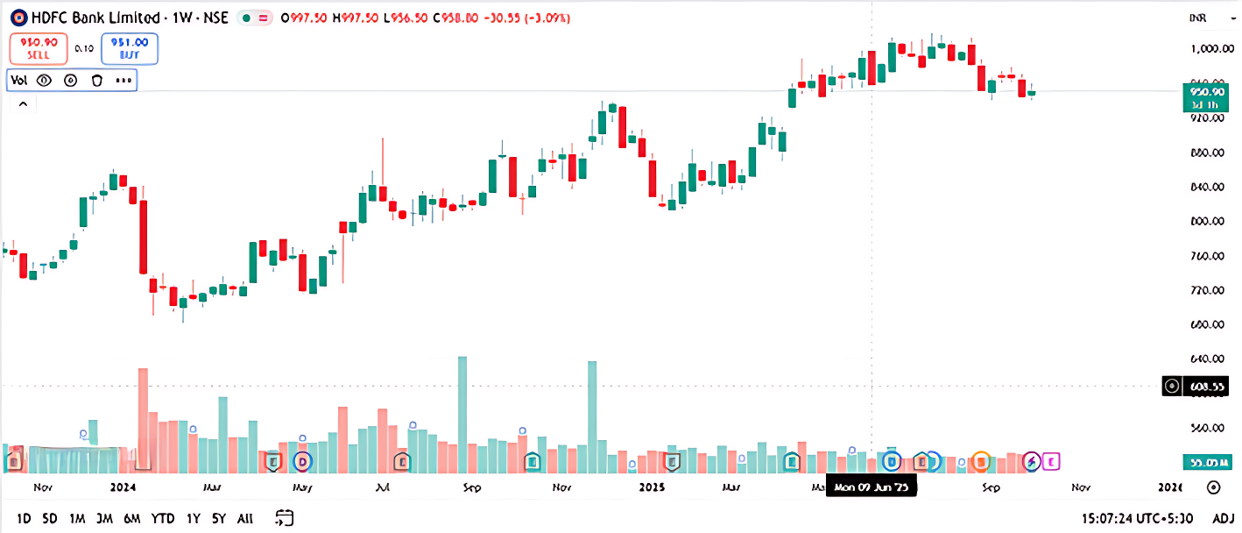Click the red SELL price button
(x=39, y=48)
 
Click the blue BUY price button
(x=130, y=48)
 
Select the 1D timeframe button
(x=24, y=518)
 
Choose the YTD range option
(x=162, y=518)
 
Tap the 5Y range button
(x=217, y=518)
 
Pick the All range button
(x=245, y=518)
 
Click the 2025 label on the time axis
(x=653, y=487)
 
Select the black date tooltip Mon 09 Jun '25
(x=871, y=487)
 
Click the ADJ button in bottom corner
(x=1223, y=518)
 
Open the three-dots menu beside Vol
(x=123, y=81)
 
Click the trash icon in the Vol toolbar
(x=97, y=81)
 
